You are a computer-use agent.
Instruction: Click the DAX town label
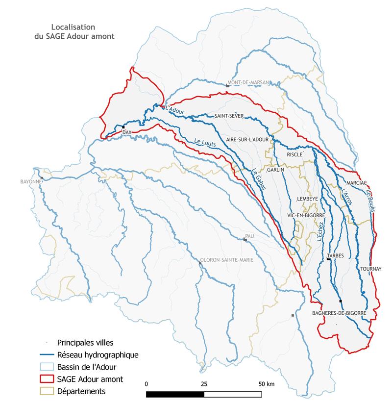click(x=127, y=133)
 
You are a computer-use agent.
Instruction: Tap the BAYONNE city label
click(x=30, y=181)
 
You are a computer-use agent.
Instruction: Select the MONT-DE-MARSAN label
click(x=248, y=83)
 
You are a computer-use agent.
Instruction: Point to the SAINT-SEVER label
click(x=229, y=116)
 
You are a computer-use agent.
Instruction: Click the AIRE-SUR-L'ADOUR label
click(x=247, y=140)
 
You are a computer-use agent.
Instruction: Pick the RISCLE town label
click(x=295, y=154)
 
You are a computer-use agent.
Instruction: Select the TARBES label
click(x=335, y=256)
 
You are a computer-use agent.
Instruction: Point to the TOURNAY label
click(x=370, y=269)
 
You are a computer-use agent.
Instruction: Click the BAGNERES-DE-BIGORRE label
click(x=339, y=312)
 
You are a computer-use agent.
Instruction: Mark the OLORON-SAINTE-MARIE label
click(x=227, y=260)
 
